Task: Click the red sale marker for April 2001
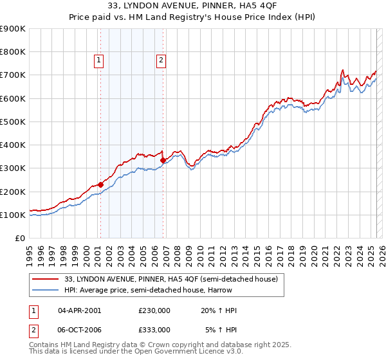100,184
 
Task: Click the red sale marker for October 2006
163,160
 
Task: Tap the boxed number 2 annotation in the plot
160,61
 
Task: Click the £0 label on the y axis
20,238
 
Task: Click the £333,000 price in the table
154,329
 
